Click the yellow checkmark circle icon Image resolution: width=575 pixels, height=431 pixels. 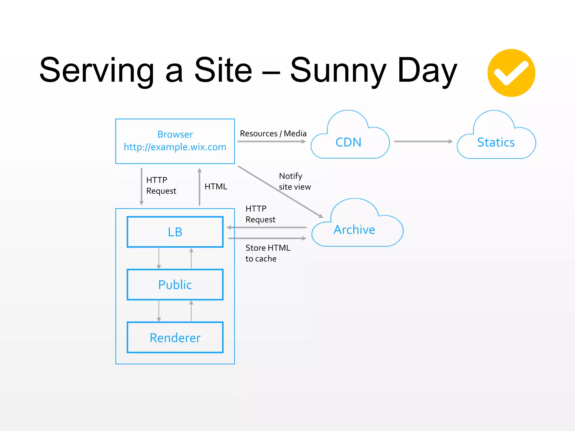coord(511,73)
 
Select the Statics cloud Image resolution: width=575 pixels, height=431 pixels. coord(496,142)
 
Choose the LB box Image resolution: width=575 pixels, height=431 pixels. coord(175,232)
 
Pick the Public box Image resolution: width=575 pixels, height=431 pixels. coord(175,285)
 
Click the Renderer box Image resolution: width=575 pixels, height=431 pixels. coord(175,338)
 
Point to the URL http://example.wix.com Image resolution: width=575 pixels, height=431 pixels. coord(175,147)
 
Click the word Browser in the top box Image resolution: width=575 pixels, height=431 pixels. coord(175,134)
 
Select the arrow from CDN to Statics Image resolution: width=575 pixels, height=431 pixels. coord(423,141)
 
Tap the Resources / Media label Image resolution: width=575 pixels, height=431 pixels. coord(273,134)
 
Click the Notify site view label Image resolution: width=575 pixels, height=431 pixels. coord(295,181)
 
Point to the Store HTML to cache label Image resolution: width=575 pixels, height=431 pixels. coord(268,253)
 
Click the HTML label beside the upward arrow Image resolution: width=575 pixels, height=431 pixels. coord(216,187)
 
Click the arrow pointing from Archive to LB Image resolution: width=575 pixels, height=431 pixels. coord(267,228)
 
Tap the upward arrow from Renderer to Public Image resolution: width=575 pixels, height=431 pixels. coord(191,311)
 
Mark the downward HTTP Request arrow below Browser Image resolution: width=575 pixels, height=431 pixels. coord(142,187)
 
